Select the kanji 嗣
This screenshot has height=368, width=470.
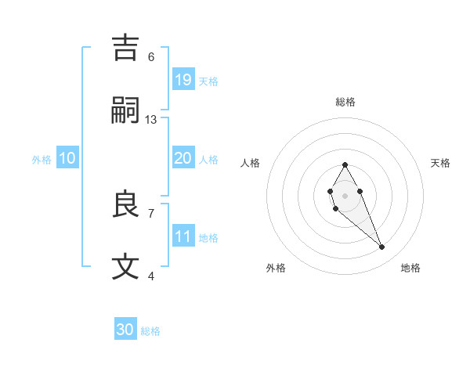tap(126, 111)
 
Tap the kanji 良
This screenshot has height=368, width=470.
tap(126, 205)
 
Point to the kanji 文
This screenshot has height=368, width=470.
tap(126, 268)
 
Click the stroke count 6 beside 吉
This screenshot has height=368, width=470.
tap(151, 56)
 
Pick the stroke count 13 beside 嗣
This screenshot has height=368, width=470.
tap(151, 119)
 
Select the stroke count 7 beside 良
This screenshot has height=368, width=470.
tap(151, 213)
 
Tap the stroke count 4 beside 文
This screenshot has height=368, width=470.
tap(151, 276)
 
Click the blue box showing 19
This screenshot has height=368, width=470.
tap(183, 80)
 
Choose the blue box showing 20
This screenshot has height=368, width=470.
tap(183, 158)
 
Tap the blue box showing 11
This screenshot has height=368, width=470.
tap(183, 236)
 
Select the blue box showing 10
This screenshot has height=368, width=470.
tap(67, 158)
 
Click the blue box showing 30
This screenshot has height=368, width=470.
tap(125, 330)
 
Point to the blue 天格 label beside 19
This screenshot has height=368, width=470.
tap(208, 81)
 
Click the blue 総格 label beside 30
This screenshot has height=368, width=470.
tap(150, 331)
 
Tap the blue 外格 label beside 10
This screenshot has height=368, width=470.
tap(42, 160)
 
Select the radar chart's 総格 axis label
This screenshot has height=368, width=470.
tap(345, 102)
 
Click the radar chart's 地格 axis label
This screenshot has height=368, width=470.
tap(410, 268)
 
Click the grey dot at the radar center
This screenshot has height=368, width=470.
tap(345, 194)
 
